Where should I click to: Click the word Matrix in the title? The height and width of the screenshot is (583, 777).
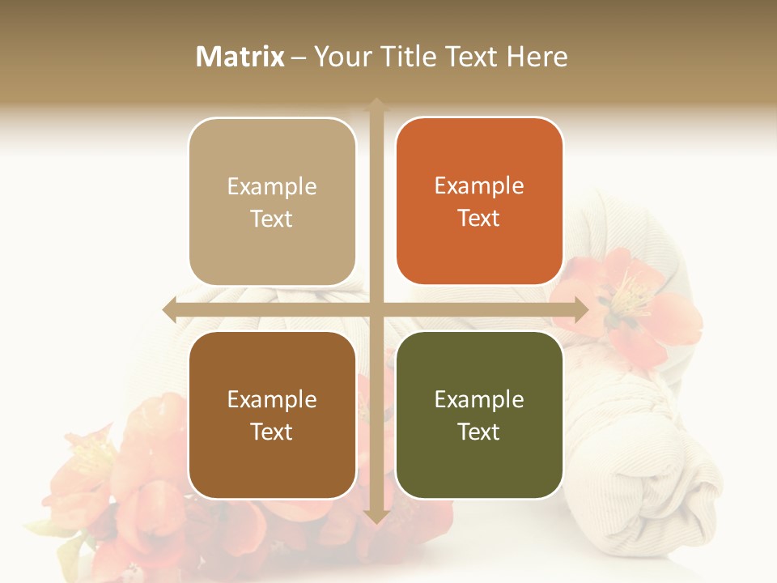(x=240, y=57)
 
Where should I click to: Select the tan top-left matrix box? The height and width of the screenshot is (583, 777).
(x=272, y=202)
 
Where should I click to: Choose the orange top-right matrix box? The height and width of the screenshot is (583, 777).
(x=479, y=202)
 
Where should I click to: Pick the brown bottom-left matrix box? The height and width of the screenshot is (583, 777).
(x=272, y=415)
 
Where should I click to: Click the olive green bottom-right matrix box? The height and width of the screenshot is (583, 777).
(x=479, y=415)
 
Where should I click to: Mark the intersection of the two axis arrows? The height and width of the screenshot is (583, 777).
(x=376, y=309)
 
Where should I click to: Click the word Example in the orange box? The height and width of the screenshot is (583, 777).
(x=479, y=185)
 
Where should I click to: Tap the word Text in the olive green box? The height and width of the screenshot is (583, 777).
(x=479, y=432)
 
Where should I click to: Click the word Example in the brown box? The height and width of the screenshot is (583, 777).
(x=272, y=399)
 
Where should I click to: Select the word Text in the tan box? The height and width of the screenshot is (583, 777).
(x=272, y=219)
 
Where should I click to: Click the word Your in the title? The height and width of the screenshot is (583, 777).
(x=339, y=57)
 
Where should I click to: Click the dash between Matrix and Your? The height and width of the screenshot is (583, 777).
(x=299, y=57)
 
